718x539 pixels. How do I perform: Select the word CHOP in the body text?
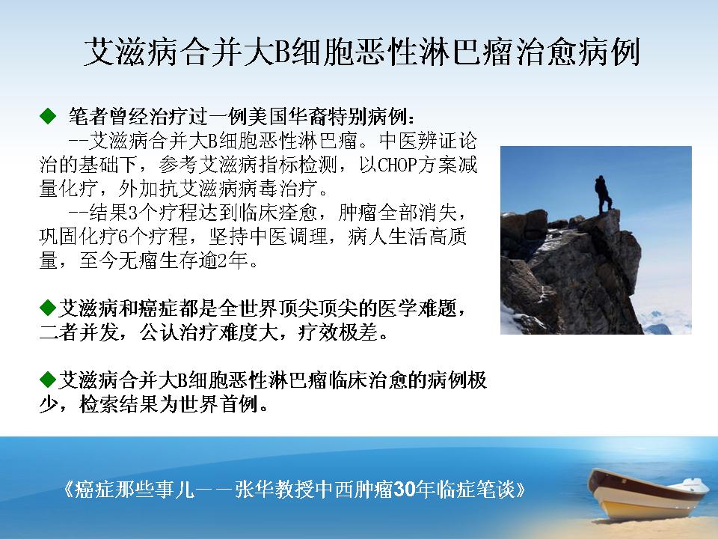pos(396,165)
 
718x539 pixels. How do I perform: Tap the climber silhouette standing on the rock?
pos(604,194)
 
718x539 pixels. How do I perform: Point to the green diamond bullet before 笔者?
pos(48,116)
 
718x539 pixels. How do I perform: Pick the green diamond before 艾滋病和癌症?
pos(48,308)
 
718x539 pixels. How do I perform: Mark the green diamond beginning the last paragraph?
pos(48,379)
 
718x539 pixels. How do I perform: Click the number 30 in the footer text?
pos(405,490)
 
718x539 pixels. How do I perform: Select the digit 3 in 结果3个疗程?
pos(133,213)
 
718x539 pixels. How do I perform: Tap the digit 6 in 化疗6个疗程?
pos(123,237)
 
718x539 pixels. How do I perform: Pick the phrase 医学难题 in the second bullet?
pos(417,308)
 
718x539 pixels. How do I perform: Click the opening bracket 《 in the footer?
pos(68,490)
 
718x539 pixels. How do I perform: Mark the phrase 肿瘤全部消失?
pos(397,213)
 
